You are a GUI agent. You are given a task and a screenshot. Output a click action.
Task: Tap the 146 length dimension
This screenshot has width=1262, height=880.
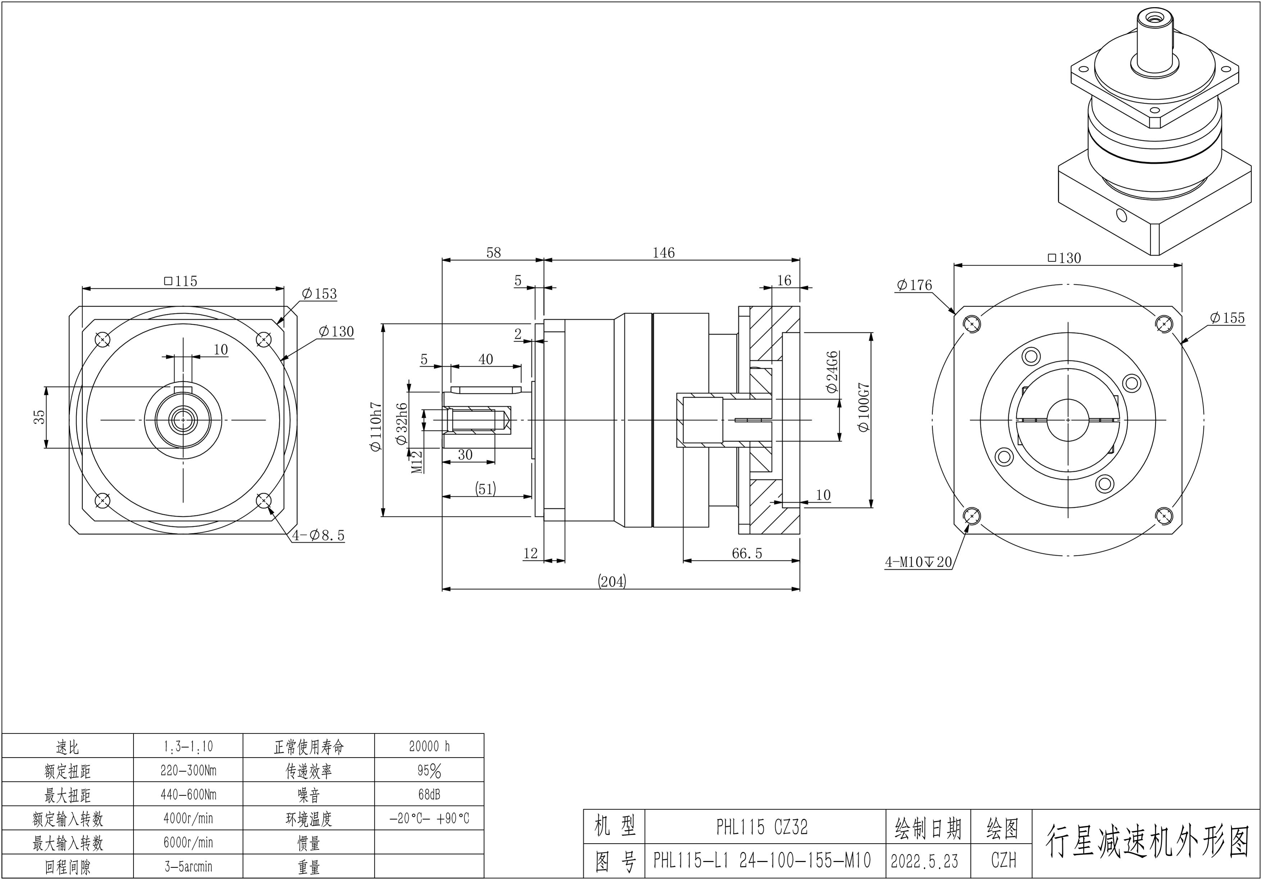coord(663,252)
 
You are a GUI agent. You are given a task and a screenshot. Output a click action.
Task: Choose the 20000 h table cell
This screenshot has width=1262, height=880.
coord(429,746)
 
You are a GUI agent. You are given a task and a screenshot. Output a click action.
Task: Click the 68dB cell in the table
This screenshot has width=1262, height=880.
coord(429,795)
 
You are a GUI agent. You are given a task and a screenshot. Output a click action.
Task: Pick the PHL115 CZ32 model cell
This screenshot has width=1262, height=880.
coord(762,827)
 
